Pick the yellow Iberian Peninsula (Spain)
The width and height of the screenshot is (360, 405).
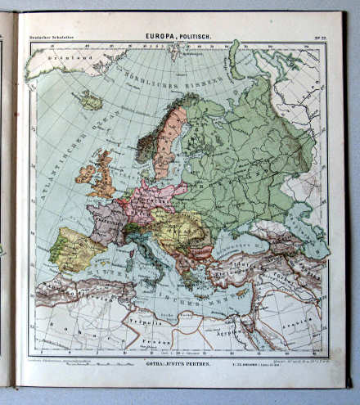[75, 249]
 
